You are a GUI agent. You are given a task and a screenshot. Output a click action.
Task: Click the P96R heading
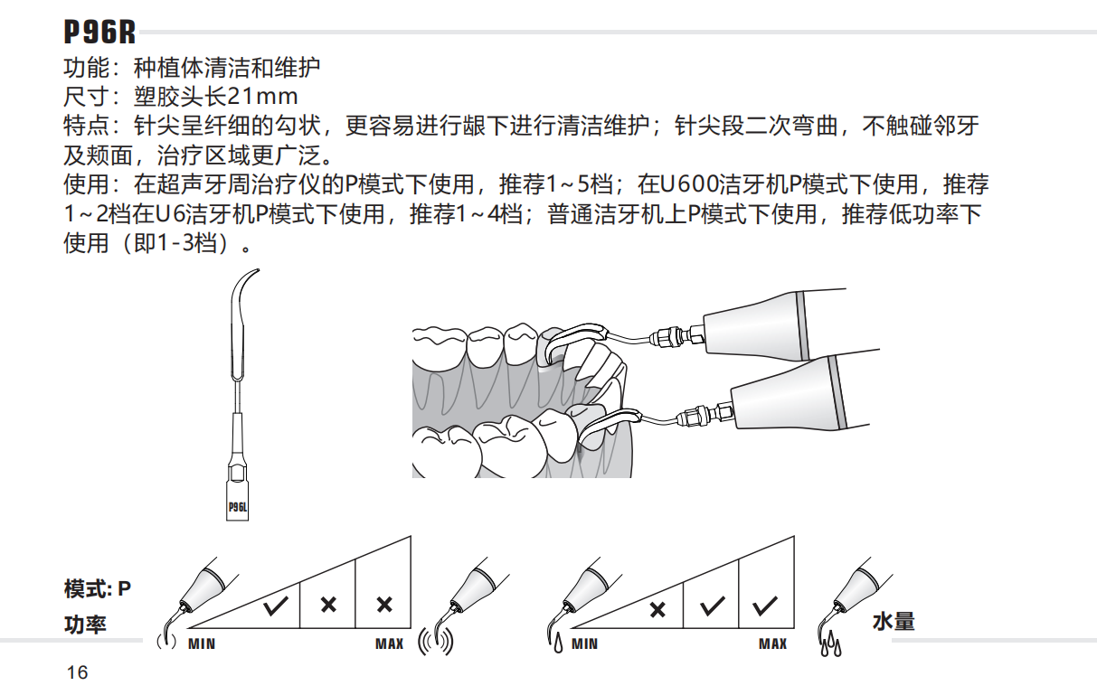tap(99, 33)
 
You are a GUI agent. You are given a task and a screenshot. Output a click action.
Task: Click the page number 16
tap(77, 672)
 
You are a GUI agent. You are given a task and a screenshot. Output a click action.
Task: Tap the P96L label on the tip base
tap(237, 507)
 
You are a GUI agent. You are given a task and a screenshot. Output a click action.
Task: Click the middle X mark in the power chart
tap(328, 605)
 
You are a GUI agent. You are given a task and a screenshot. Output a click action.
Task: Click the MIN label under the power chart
tap(202, 644)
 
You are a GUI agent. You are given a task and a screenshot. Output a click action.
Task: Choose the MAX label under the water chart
tap(772, 644)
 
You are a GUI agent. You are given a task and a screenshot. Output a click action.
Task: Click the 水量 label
tap(894, 622)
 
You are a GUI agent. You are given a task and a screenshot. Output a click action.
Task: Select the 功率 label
tap(85, 625)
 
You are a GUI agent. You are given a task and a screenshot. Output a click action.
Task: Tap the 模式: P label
tap(97, 589)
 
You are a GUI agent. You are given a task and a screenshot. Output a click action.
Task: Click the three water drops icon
tap(829, 645)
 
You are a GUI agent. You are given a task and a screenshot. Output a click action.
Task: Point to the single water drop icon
tap(557, 644)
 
